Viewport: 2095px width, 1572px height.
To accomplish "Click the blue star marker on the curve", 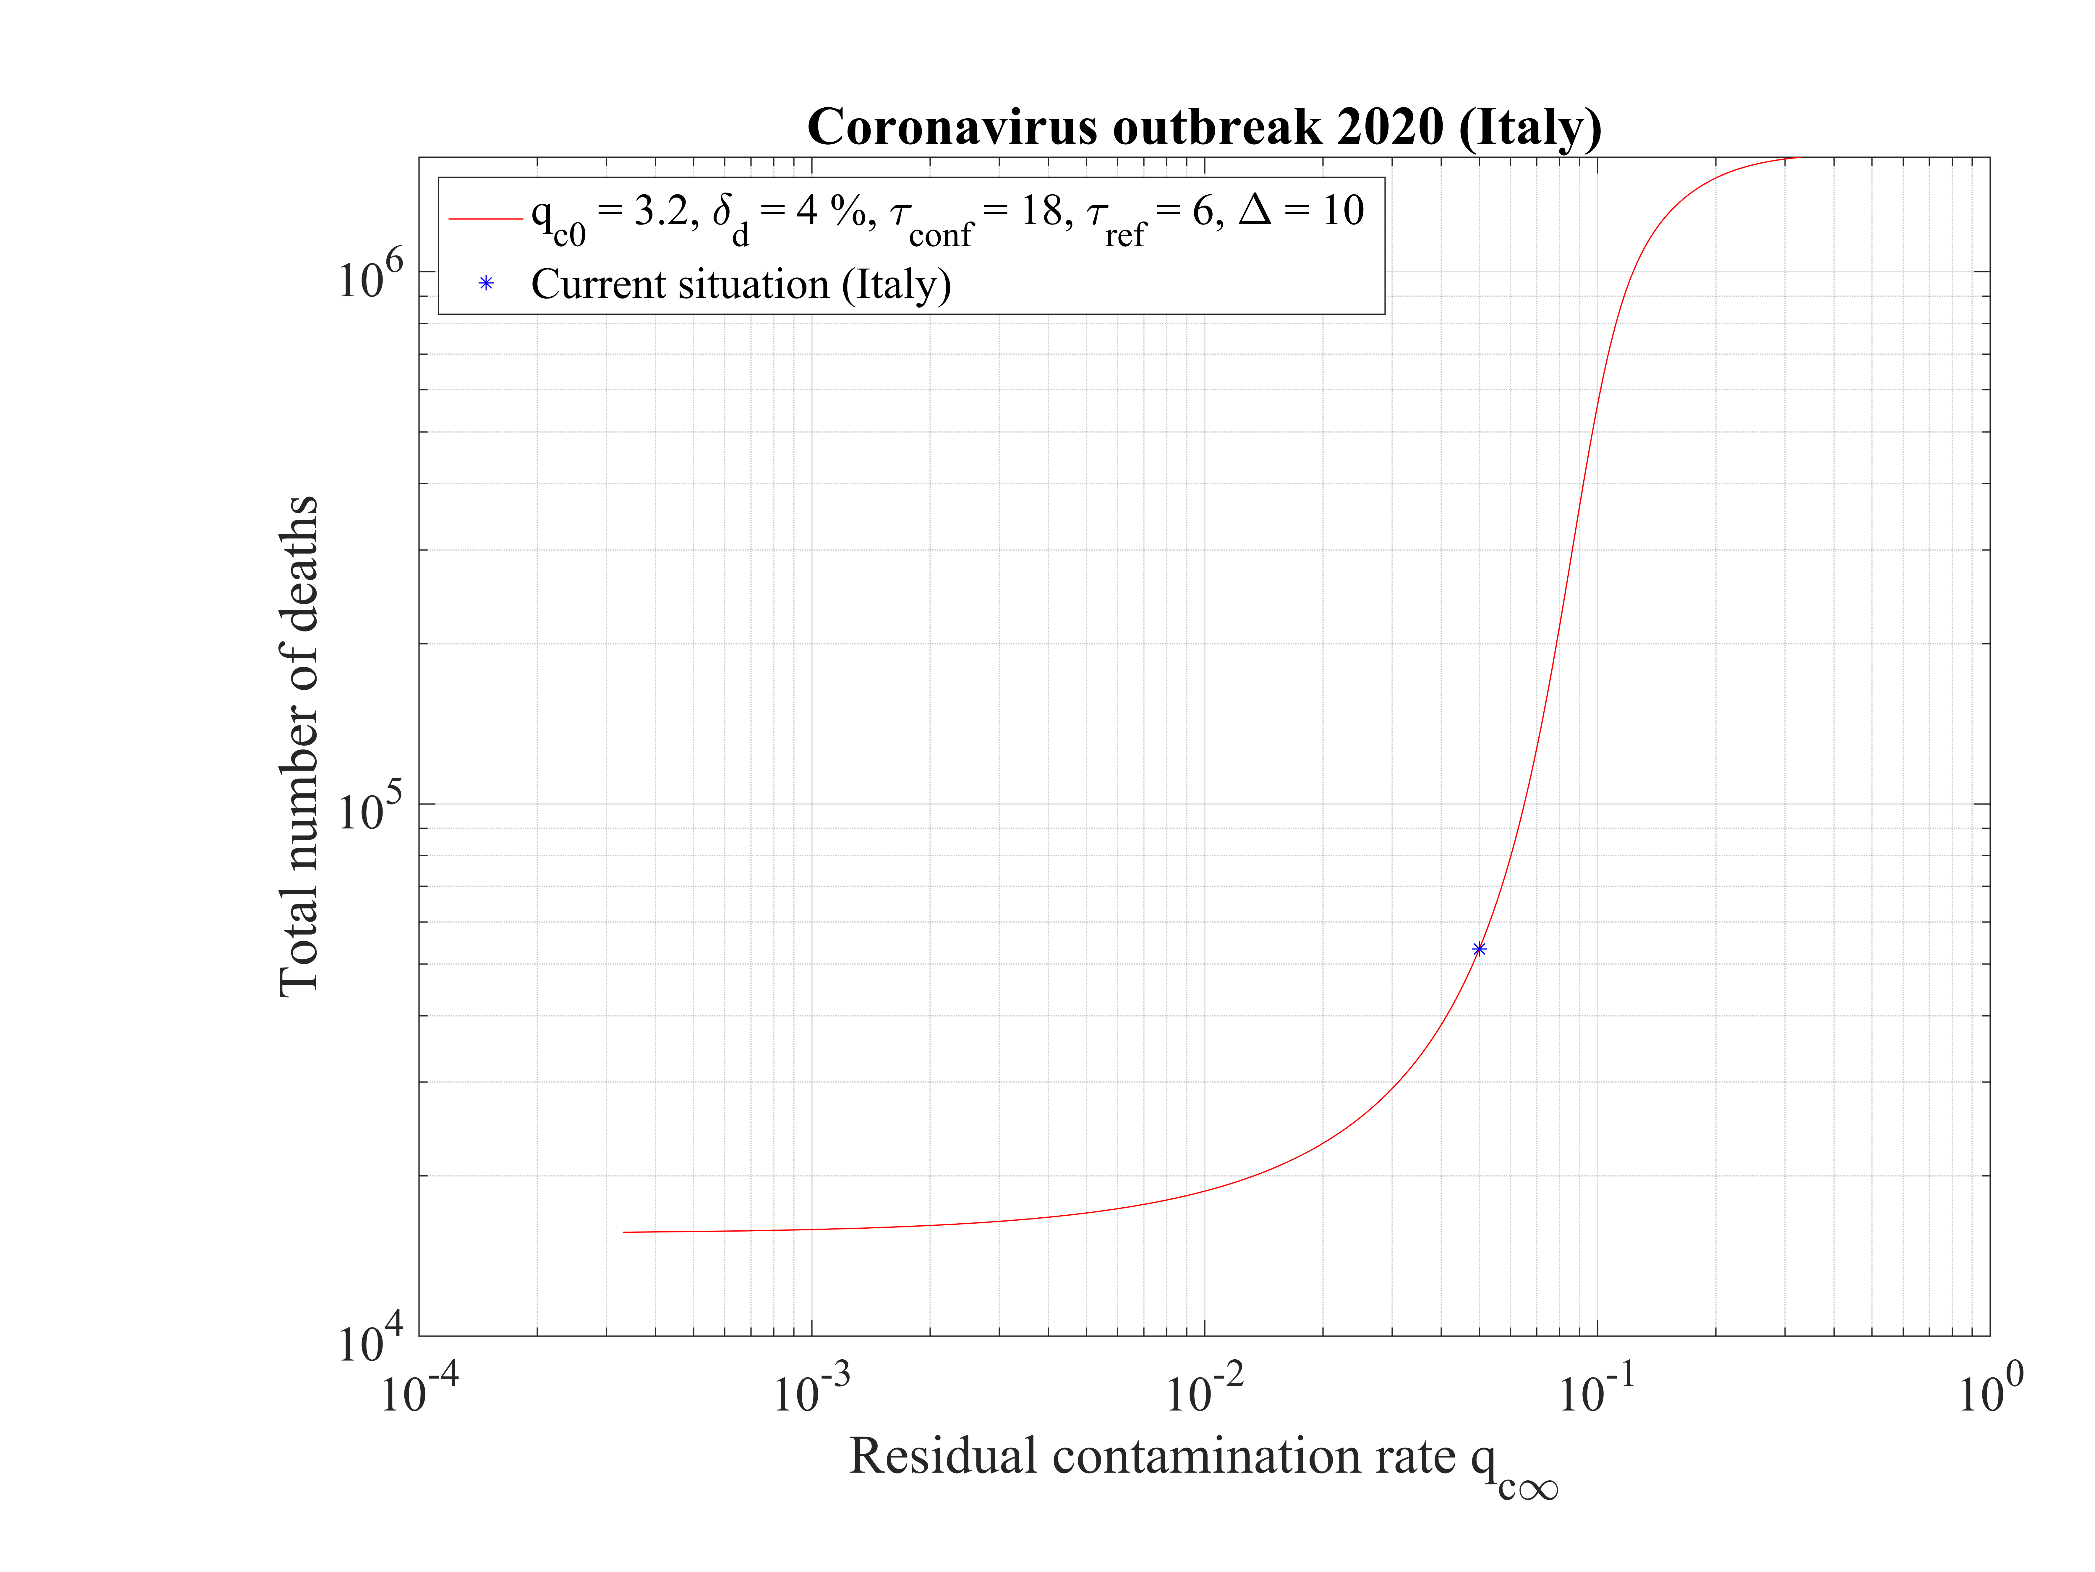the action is tap(1478, 949).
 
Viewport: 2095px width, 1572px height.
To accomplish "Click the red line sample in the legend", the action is tap(486, 219).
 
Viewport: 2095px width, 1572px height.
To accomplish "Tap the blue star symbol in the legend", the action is tap(486, 283).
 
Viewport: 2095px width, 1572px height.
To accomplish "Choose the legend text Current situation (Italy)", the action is tap(741, 284).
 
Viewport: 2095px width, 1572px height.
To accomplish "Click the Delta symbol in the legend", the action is tap(1255, 209).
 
